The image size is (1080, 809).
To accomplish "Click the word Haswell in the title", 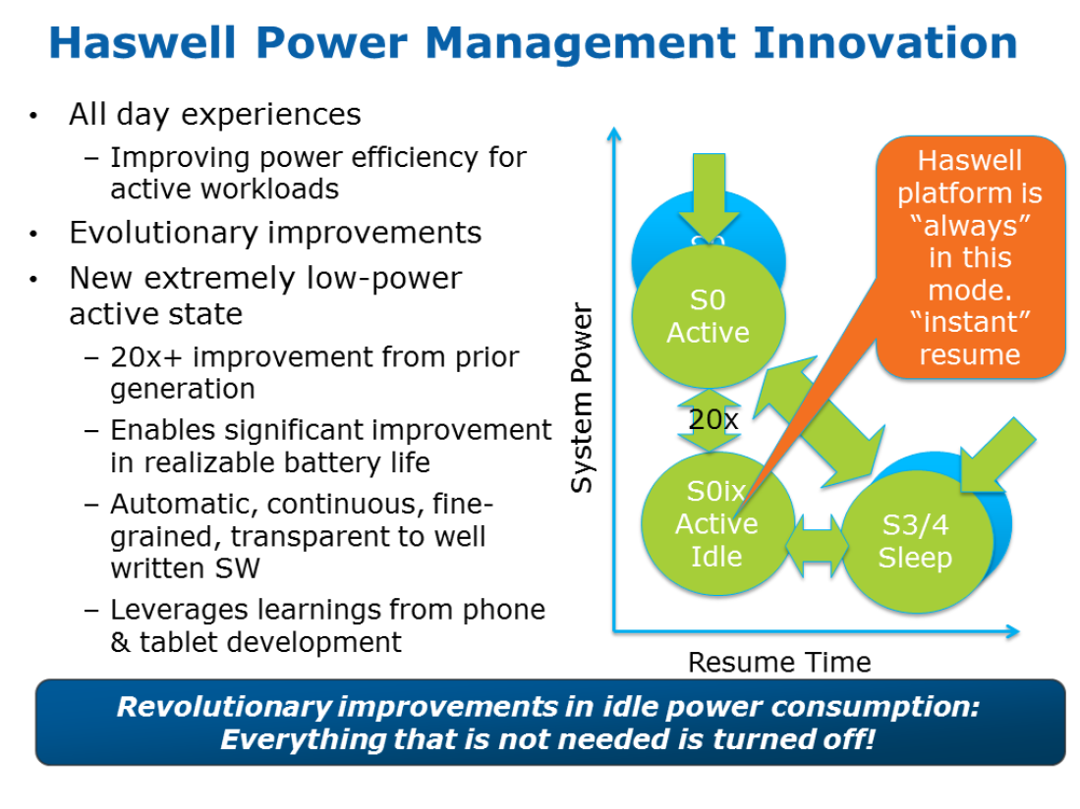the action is pyautogui.click(x=142, y=42).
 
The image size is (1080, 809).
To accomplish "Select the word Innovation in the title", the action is pyautogui.click(x=885, y=42).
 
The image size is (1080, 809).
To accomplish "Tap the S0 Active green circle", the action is pyautogui.click(x=709, y=316).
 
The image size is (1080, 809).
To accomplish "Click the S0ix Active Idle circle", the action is pyautogui.click(x=716, y=524).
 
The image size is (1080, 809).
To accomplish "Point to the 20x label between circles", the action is pyautogui.click(x=713, y=419).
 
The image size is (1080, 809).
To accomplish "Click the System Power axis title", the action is pyautogui.click(x=582, y=398).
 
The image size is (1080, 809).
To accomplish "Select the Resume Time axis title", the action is pyautogui.click(x=779, y=663).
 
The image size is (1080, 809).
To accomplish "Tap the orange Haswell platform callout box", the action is pyautogui.click(x=971, y=256).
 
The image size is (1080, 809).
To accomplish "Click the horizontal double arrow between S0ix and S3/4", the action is pyautogui.click(x=817, y=547).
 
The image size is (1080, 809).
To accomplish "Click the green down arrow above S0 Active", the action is pyautogui.click(x=709, y=197).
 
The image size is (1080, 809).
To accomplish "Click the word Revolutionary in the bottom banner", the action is pyautogui.click(x=224, y=707).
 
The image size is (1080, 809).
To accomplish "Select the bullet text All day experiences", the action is pyautogui.click(x=215, y=115).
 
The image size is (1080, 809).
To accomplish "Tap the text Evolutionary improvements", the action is pyautogui.click(x=275, y=234).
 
